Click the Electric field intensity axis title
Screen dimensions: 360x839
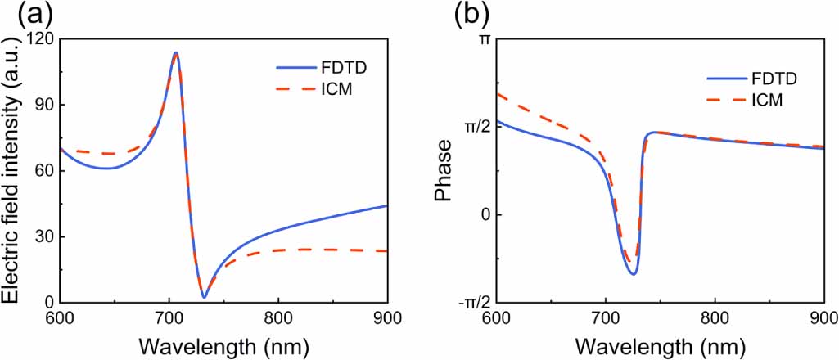(x=13, y=170)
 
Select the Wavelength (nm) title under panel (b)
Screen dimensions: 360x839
(x=659, y=344)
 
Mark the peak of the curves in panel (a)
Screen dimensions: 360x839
(x=175, y=53)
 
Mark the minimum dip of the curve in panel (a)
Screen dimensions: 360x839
(x=204, y=297)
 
